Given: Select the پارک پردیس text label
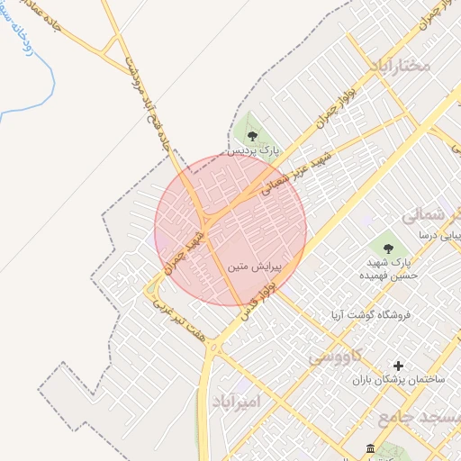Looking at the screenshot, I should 253,152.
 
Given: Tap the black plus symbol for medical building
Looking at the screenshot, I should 399,366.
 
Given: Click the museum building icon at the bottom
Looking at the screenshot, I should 370,449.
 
